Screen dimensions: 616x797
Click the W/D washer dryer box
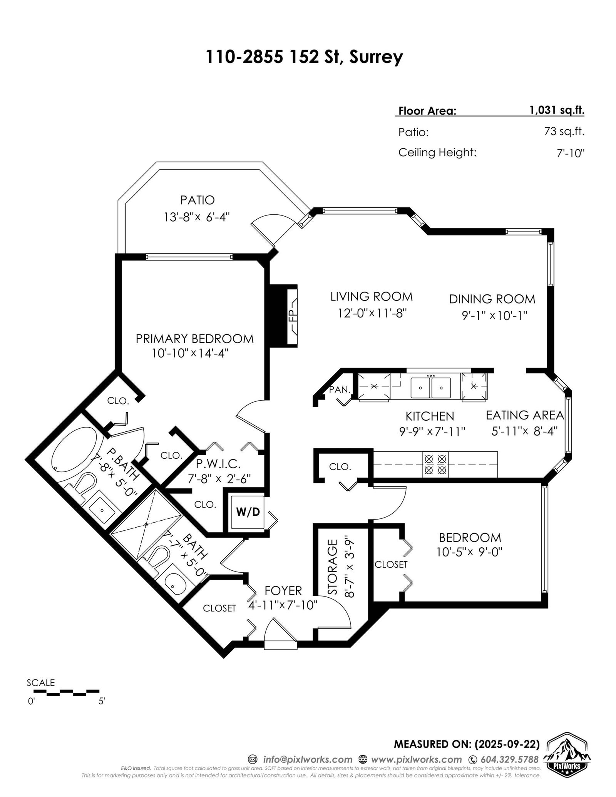pyautogui.click(x=248, y=512)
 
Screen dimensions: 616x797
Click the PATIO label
pyautogui.click(x=198, y=200)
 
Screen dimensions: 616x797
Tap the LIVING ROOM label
pyautogui.click(x=372, y=296)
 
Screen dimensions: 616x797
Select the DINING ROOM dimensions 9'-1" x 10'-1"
pyautogui.click(x=494, y=316)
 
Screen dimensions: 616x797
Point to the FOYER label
pyautogui.click(x=283, y=590)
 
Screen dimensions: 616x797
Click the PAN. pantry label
pyautogui.click(x=340, y=389)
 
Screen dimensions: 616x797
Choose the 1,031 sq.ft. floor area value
pyautogui.click(x=557, y=110)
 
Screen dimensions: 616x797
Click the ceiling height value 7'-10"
pyautogui.click(x=571, y=153)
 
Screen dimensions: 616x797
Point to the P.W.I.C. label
pyautogui.click(x=218, y=463)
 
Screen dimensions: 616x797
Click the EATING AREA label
pyautogui.click(x=525, y=415)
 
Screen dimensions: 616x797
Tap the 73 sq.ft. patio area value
pyautogui.click(x=564, y=132)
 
